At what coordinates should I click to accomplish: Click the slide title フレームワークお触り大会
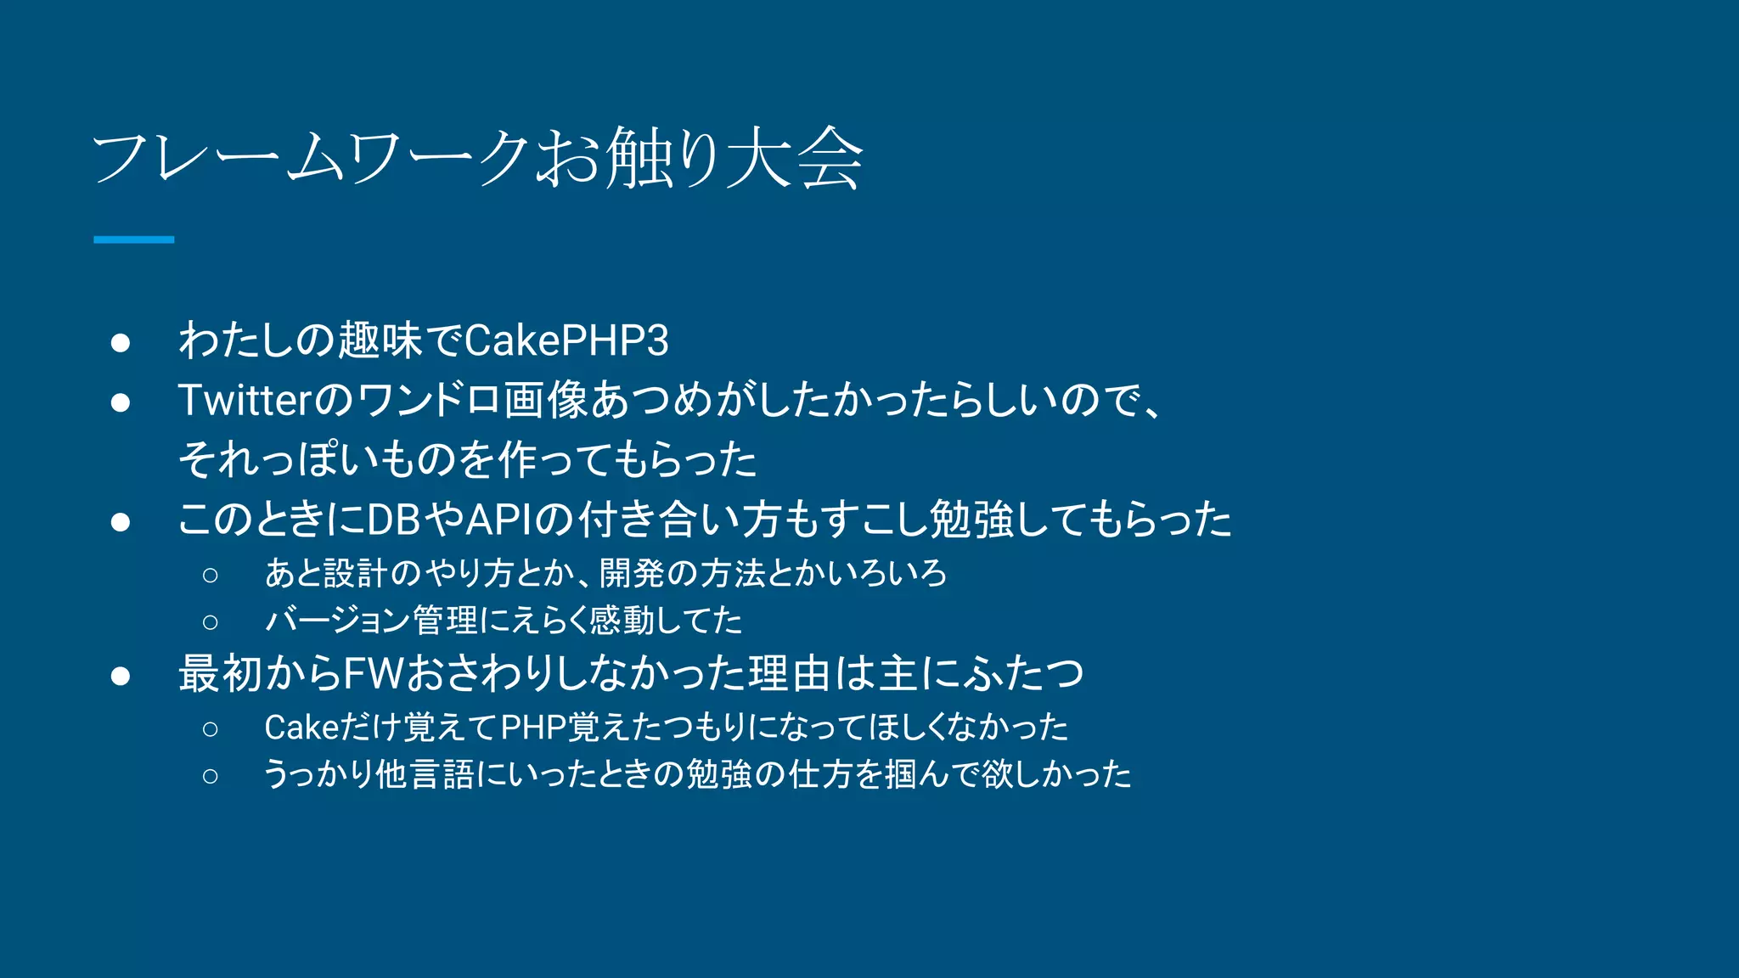[x=478, y=158]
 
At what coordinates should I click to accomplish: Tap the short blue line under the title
[x=133, y=240]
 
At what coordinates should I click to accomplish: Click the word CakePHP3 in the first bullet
[x=566, y=341]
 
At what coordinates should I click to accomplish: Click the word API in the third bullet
[x=498, y=520]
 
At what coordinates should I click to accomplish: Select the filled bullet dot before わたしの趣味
[x=121, y=342]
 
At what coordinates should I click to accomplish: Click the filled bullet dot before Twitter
[x=121, y=402]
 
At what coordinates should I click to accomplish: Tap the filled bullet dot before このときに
[x=121, y=521]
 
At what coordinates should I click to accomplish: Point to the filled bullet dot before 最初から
[x=121, y=676]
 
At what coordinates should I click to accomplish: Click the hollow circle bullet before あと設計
[x=211, y=576]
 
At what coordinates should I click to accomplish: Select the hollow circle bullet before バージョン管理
[x=211, y=622]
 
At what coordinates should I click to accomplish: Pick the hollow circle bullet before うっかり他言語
[x=211, y=775]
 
